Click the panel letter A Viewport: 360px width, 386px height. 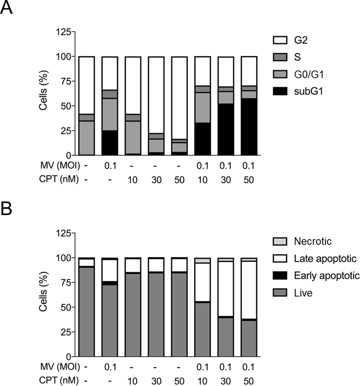tap(7, 8)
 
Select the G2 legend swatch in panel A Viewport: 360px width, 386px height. tap(278, 43)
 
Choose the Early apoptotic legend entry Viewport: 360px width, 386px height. tap(326, 276)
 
